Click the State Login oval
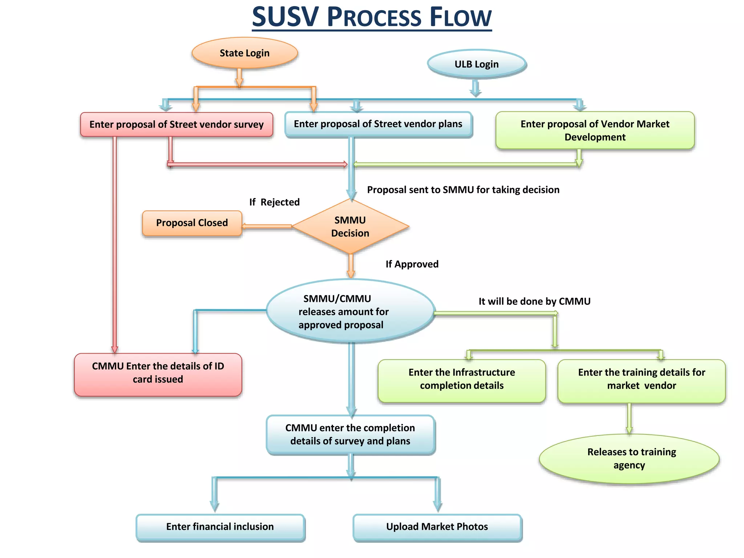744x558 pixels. point(244,53)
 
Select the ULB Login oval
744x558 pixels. point(476,64)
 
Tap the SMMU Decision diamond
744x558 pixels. point(350,226)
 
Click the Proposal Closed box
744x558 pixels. point(192,223)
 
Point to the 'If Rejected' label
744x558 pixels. point(274,202)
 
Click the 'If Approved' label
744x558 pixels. point(412,264)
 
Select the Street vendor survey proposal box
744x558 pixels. point(177,124)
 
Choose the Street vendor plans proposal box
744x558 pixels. point(378,124)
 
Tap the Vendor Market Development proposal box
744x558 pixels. point(595,130)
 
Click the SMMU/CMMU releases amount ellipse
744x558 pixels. point(350,311)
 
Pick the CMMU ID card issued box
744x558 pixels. point(158,374)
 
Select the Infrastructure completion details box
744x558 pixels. point(461,380)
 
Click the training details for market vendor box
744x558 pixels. point(641,380)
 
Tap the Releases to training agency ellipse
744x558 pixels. point(629,458)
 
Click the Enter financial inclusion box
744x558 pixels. point(220,527)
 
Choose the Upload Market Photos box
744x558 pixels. point(437,527)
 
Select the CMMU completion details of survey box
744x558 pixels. point(350,434)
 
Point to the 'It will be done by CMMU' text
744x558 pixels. point(534,301)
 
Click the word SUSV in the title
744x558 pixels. point(285,17)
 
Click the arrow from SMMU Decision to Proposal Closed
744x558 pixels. point(267,226)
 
